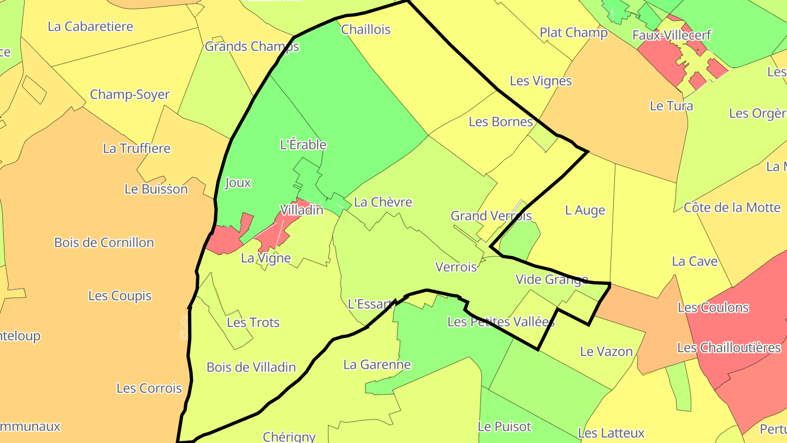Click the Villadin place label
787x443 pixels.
pyautogui.click(x=301, y=210)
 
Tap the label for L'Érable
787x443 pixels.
pyautogui.click(x=303, y=145)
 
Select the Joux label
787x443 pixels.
pyautogui.click(x=238, y=183)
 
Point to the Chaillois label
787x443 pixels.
pyautogui.click(x=366, y=30)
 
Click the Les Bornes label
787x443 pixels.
pyautogui.click(x=501, y=122)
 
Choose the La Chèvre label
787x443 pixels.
pyautogui.click(x=383, y=202)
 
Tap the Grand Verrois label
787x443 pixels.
pyautogui.click(x=491, y=216)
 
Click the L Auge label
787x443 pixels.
pyautogui.click(x=585, y=211)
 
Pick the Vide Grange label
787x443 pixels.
pyautogui.click(x=551, y=279)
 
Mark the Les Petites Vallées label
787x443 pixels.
pyautogui.click(x=501, y=322)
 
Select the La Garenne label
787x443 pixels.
pyautogui.click(x=377, y=365)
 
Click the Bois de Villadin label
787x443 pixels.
pyautogui.click(x=251, y=368)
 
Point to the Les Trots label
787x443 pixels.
pyautogui.click(x=253, y=323)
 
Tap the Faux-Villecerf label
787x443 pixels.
pyautogui.click(x=672, y=36)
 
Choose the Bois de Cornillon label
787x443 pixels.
pyautogui.click(x=104, y=243)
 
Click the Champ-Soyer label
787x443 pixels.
pyautogui.click(x=130, y=95)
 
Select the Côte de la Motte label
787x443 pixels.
pyautogui.click(x=732, y=208)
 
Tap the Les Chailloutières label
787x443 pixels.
pyautogui.click(x=729, y=348)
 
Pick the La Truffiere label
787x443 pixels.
pyautogui.click(x=137, y=149)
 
